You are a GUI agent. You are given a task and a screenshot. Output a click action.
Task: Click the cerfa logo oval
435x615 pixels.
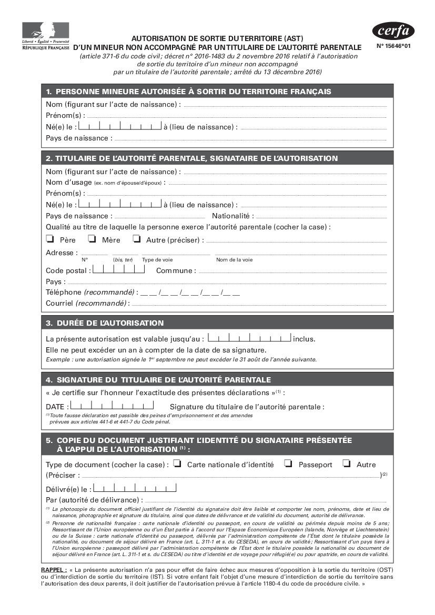[x=393, y=32]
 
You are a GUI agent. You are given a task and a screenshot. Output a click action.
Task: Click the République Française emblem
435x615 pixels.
[x=46, y=36]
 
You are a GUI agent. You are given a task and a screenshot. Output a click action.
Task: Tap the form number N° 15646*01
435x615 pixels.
[x=393, y=46]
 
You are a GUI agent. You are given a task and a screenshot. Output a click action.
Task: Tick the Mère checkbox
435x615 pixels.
[x=92, y=239]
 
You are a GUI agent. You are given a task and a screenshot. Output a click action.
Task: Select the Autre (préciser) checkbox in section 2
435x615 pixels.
[x=137, y=239]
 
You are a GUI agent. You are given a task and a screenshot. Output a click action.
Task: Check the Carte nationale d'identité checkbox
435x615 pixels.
[x=177, y=463]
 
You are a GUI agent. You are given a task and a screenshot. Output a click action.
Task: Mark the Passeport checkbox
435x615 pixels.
[x=288, y=463]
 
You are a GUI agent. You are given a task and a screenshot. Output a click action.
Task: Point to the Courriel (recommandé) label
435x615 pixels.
[x=87, y=303]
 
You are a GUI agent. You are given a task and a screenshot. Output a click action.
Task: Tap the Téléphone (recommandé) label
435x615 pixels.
[x=91, y=292]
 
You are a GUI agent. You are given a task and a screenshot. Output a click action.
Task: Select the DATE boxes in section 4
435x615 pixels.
[x=112, y=406]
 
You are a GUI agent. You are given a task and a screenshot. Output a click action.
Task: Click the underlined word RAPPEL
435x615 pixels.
[x=53, y=570]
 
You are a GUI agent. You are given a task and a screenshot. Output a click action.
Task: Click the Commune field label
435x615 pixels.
[x=176, y=270]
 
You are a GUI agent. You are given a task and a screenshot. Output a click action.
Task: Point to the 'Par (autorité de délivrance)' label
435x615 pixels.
[x=94, y=500]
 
